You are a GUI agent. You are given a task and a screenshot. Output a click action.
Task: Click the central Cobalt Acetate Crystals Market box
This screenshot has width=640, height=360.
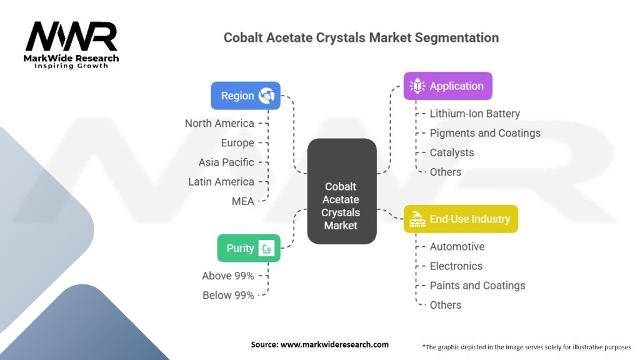pyautogui.click(x=341, y=191)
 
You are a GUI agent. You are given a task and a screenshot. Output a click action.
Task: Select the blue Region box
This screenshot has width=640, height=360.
pyautogui.click(x=246, y=96)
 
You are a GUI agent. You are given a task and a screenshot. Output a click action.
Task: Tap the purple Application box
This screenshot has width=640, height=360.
pyautogui.click(x=447, y=86)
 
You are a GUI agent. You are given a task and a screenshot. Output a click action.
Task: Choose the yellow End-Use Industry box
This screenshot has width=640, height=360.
pyautogui.click(x=461, y=219)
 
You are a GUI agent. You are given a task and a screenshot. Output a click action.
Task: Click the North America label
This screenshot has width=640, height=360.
pyautogui.click(x=219, y=123)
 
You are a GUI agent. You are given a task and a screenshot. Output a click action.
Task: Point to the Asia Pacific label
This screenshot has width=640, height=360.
pyautogui.click(x=226, y=162)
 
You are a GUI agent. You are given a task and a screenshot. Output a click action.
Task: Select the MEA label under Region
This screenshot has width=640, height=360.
pyautogui.click(x=242, y=201)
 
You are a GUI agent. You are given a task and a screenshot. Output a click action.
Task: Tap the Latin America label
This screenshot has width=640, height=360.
pyautogui.click(x=221, y=182)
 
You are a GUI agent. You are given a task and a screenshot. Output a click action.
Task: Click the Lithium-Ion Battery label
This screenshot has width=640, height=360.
pyautogui.click(x=474, y=114)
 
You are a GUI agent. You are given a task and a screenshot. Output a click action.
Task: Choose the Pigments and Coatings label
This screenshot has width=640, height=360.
pyautogui.click(x=485, y=133)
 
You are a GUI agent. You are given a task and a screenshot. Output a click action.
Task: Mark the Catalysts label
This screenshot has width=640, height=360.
pyautogui.click(x=452, y=152)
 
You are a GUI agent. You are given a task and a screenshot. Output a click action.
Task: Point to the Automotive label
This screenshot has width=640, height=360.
pyautogui.click(x=457, y=246)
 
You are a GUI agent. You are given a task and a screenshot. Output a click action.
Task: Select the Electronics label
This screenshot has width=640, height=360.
pyautogui.click(x=456, y=266)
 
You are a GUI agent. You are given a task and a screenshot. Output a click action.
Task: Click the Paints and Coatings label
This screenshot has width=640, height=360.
pyautogui.click(x=477, y=286)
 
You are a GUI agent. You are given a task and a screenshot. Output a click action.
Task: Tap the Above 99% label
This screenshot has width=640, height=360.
pyautogui.click(x=228, y=276)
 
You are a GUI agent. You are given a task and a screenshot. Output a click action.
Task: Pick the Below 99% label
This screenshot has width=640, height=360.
pyautogui.click(x=228, y=295)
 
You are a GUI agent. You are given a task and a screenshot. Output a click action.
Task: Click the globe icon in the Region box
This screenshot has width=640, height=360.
pyautogui.click(x=267, y=96)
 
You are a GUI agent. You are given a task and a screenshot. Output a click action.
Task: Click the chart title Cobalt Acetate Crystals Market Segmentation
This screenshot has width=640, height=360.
pyautogui.click(x=361, y=37)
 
